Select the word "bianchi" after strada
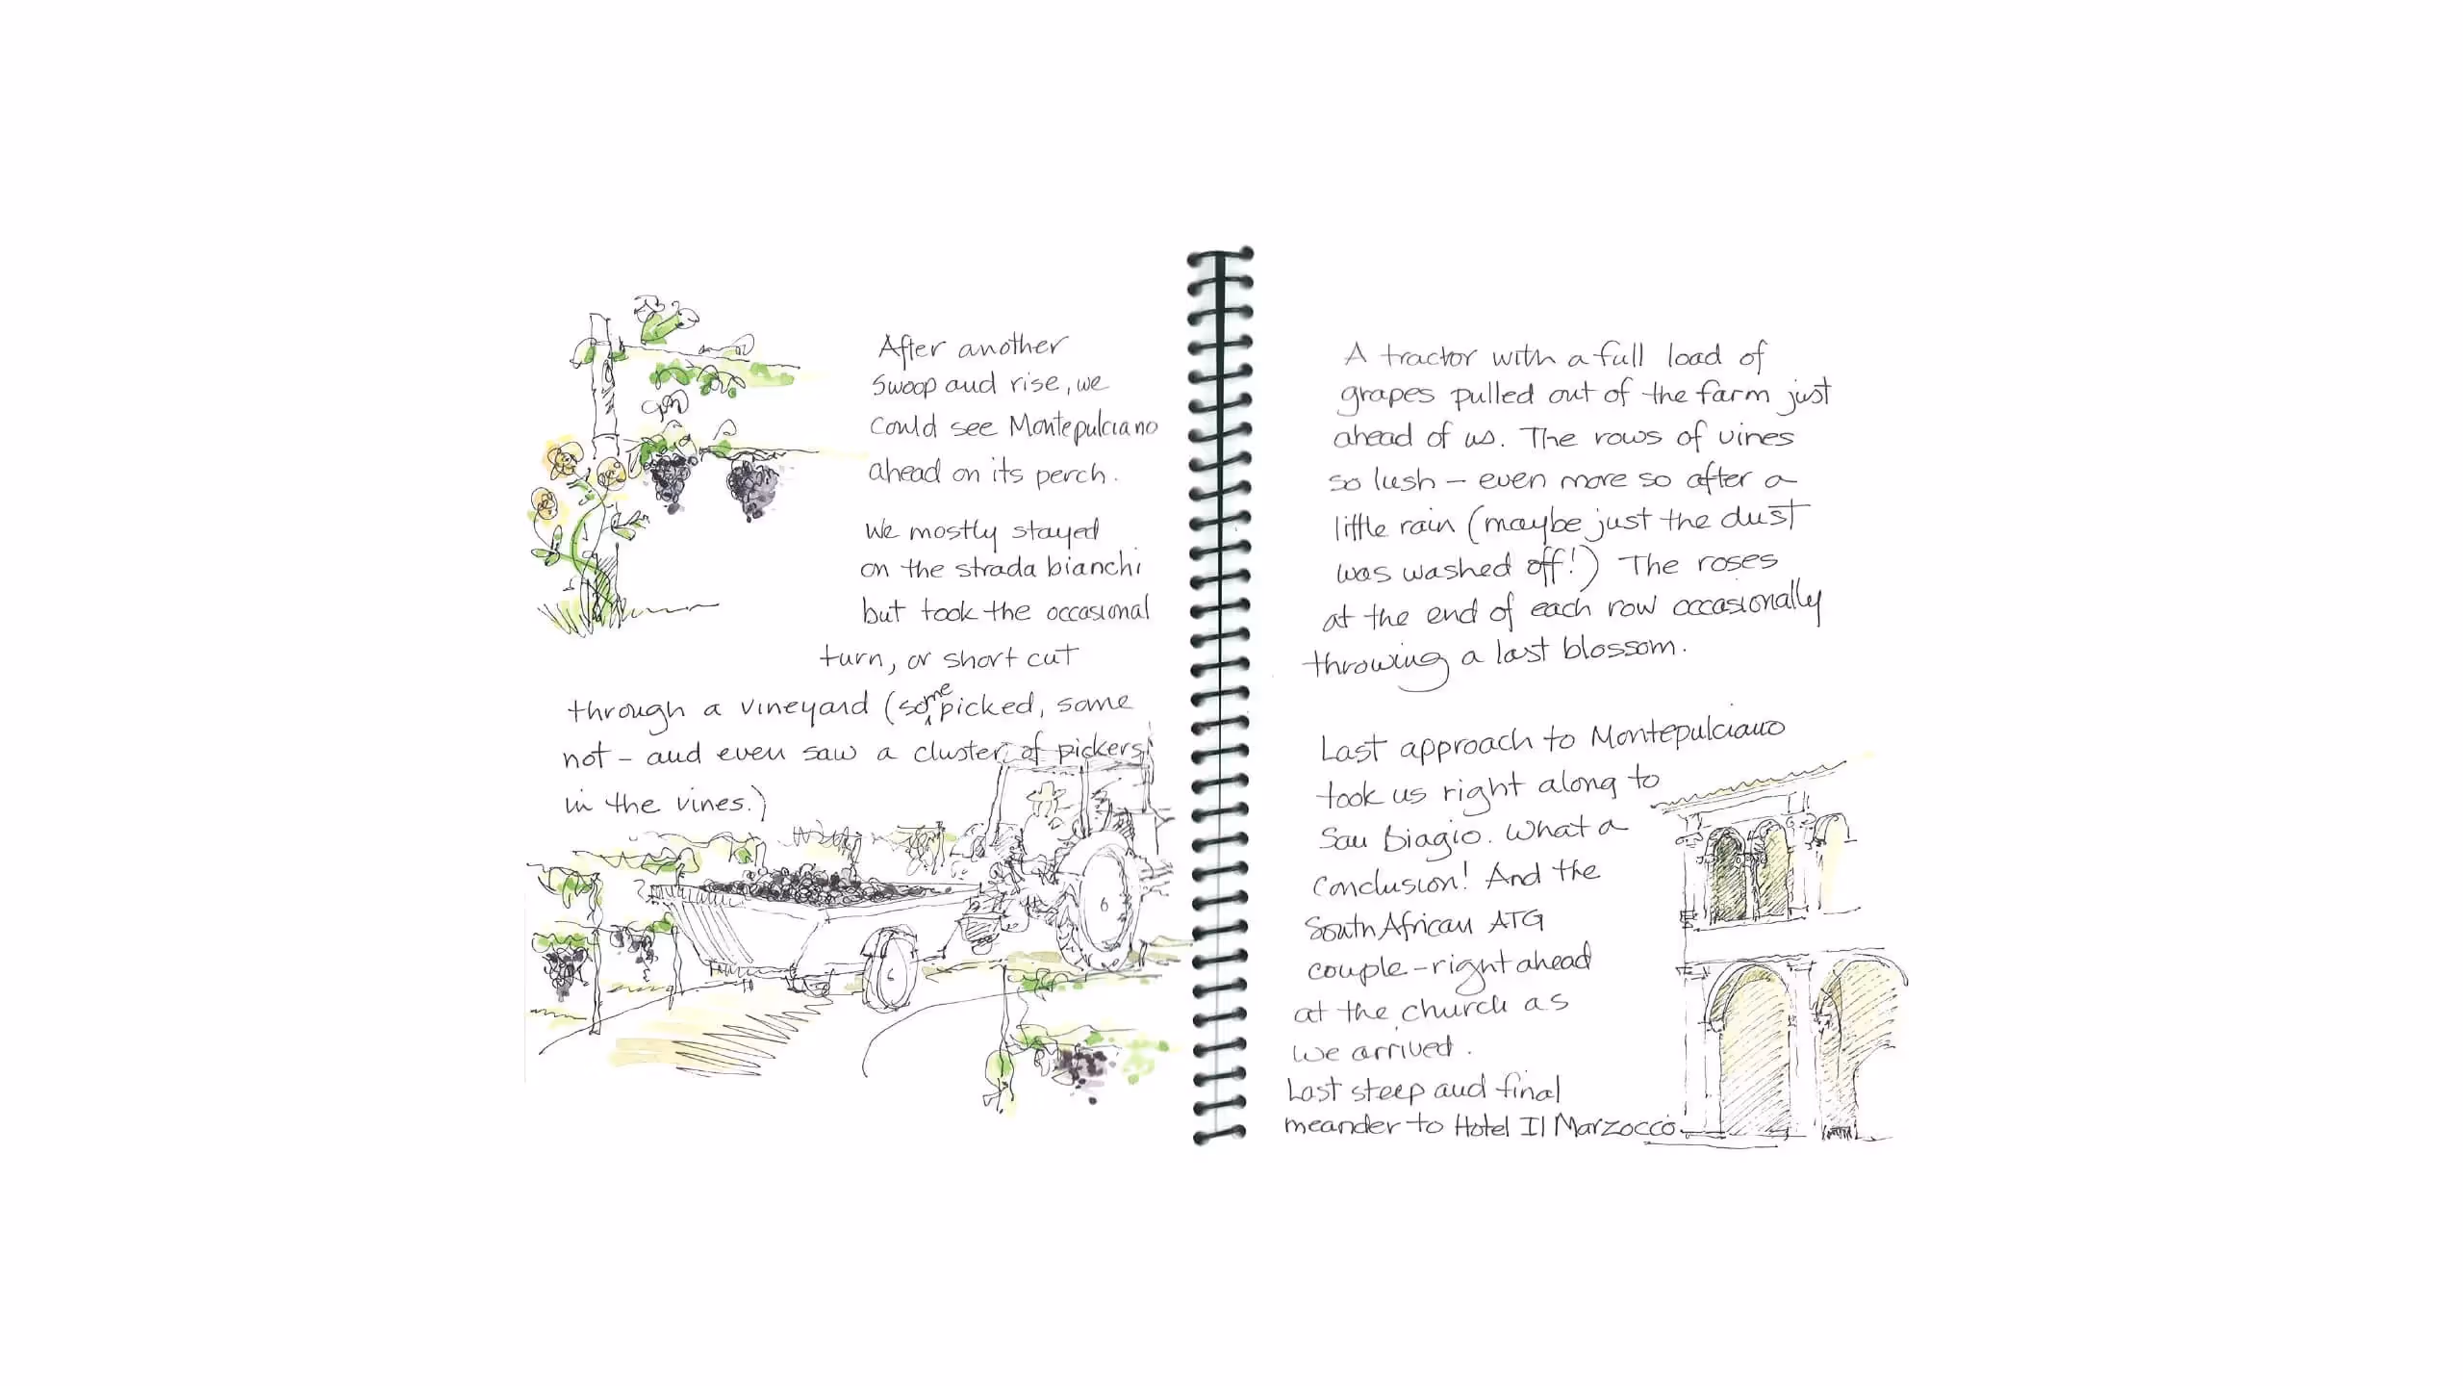click(x=1093, y=567)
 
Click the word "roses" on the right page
click(x=1736, y=562)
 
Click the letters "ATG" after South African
click(x=1515, y=921)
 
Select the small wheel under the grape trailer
click(x=886, y=970)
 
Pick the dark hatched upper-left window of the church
click(x=1726, y=876)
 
